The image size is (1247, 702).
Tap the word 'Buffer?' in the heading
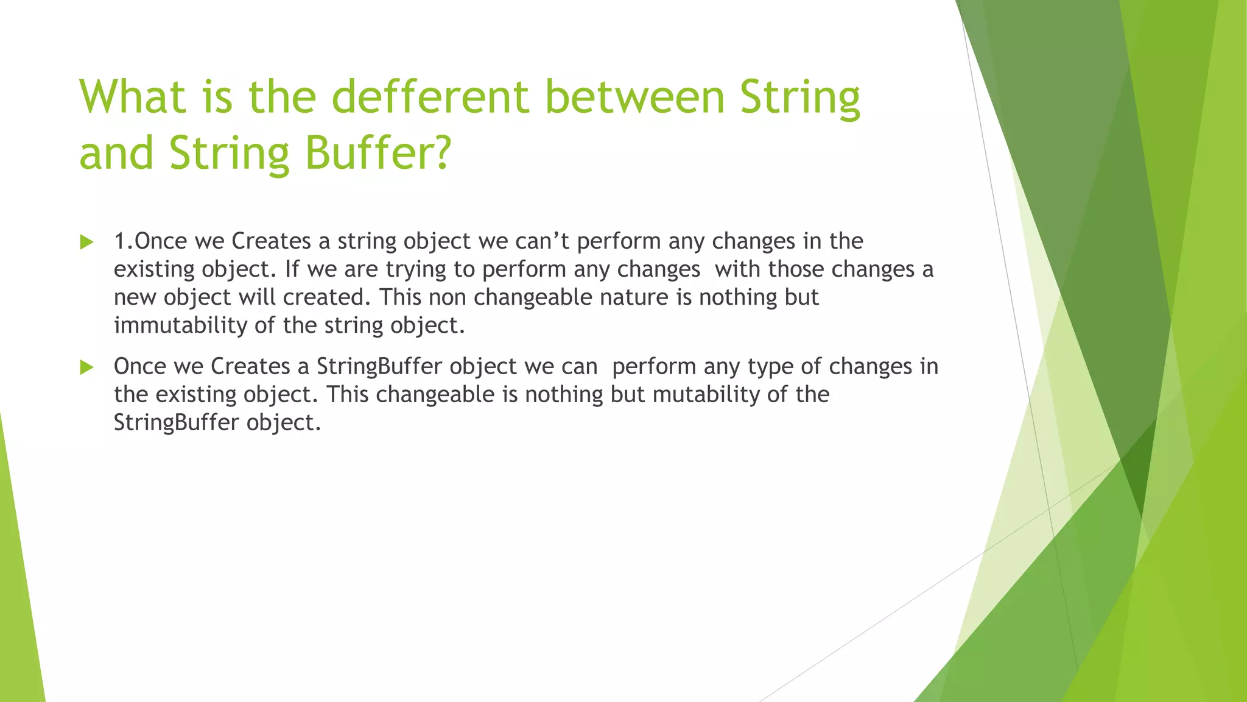(x=378, y=153)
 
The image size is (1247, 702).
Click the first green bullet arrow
(x=86, y=243)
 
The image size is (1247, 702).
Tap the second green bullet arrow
(x=86, y=367)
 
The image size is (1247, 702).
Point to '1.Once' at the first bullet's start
(x=150, y=241)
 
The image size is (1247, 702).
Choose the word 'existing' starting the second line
(x=155, y=269)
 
